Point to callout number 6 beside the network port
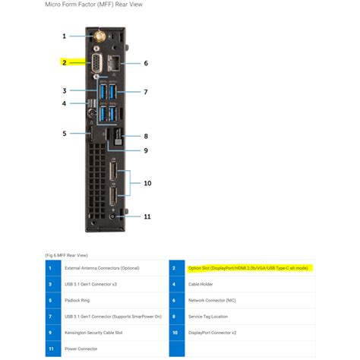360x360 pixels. point(146,63)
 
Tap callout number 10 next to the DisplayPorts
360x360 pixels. point(147,183)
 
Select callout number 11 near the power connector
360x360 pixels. point(147,216)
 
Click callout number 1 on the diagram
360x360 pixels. point(65,36)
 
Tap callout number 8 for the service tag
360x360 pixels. point(146,136)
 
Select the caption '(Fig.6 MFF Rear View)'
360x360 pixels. point(66,255)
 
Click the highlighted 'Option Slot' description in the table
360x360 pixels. point(248,268)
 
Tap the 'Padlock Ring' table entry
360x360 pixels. point(80,300)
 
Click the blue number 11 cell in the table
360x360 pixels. point(50,349)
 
